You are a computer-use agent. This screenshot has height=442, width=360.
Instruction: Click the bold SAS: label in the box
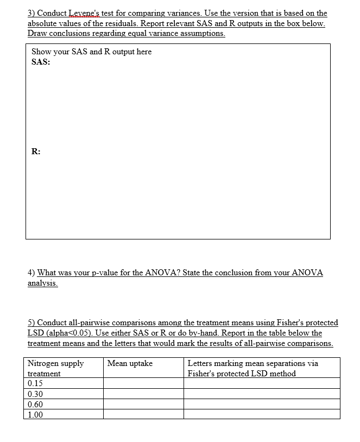pos(41,62)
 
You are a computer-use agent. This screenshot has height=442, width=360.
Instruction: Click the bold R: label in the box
pos(35,152)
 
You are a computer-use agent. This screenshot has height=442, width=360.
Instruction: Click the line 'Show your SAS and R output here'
pos(91,52)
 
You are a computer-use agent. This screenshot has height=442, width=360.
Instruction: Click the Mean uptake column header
pos(130,363)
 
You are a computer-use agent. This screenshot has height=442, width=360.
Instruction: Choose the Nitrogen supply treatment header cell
pos(55,368)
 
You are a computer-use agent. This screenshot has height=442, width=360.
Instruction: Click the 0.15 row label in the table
pos(35,384)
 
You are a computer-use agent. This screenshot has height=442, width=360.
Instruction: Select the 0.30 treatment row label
pos(35,394)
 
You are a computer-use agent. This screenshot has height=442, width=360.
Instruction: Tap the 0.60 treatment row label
pos(35,405)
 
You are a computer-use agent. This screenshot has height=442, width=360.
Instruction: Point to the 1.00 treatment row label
pos(35,415)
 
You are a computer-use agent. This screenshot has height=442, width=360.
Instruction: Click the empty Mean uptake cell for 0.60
pos(143,405)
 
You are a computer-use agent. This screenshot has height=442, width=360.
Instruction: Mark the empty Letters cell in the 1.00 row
pos(262,415)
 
